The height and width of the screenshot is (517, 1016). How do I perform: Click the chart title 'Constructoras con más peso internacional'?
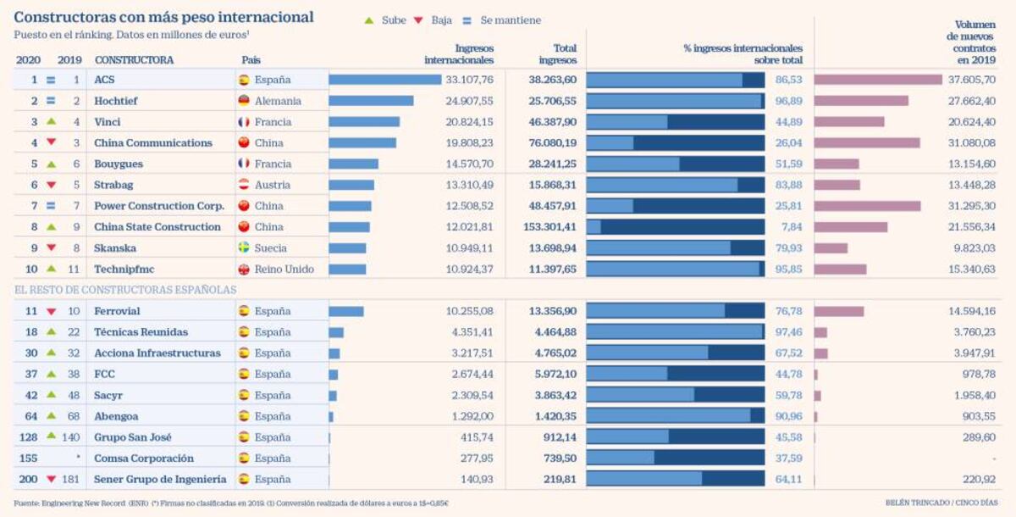pyautogui.click(x=163, y=17)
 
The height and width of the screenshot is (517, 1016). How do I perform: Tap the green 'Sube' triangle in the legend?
pyautogui.click(x=368, y=20)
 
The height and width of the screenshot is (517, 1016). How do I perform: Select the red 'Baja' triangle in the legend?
pyautogui.click(x=417, y=20)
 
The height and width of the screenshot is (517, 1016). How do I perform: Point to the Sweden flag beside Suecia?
pyautogui.click(x=244, y=248)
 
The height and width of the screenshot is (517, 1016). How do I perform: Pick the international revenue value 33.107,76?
pyautogui.click(x=469, y=80)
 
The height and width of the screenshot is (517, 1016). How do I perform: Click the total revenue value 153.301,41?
pyautogui.click(x=547, y=227)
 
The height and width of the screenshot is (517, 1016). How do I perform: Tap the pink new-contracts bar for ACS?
pyautogui.click(x=878, y=80)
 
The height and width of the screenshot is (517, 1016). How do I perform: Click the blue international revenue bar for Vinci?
pyautogui.click(x=364, y=122)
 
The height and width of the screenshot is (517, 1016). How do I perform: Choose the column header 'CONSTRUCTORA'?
pyautogui.click(x=134, y=60)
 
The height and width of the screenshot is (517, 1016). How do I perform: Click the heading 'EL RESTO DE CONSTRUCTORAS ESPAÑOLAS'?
pyautogui.click(x=124, y=290)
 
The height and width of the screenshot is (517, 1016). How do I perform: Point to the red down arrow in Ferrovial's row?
pyautogui.click(x=51, y=312)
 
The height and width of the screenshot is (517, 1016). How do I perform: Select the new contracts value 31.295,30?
pyautogui.click(x=972, y=206)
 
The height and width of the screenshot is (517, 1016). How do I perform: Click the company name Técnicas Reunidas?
pyautogui.click(x=141, y=332)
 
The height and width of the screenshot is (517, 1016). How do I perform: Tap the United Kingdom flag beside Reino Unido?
pyautogui.click(x=244, y=270)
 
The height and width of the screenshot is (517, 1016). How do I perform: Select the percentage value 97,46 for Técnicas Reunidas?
pyautogui.click(x=789, y=332)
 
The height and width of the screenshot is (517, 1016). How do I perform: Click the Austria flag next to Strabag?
pyautogui.click(x=244, y=185)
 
